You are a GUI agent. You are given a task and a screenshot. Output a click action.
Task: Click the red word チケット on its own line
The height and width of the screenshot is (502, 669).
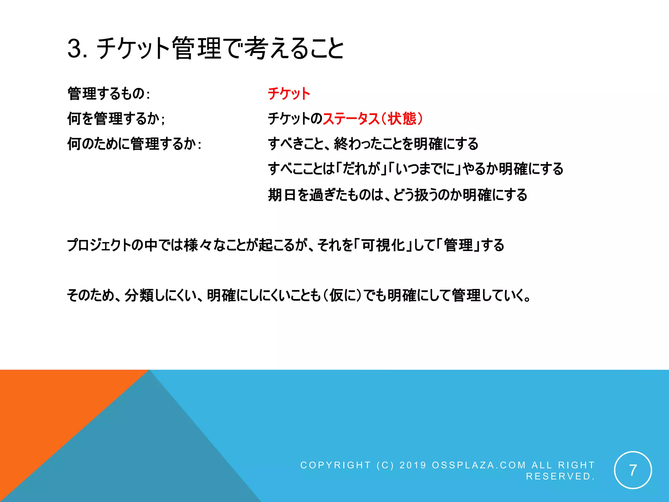[289, 94]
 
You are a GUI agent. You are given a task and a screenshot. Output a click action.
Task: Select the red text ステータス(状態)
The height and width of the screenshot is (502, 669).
[373, 119]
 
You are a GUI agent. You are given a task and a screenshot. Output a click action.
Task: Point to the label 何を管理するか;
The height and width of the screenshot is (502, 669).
[116, 119]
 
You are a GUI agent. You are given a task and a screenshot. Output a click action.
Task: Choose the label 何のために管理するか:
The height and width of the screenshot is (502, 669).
[134, 144]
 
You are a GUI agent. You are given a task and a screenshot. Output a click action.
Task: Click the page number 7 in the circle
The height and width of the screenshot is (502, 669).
[633, 470]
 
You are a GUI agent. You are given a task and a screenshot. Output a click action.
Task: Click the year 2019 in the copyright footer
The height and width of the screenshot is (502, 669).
[413, 465]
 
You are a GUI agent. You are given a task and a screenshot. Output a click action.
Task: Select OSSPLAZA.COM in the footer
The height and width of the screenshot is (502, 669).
[479, 465]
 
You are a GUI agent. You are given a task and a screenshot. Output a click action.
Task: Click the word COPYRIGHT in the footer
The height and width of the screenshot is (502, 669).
[335, 465]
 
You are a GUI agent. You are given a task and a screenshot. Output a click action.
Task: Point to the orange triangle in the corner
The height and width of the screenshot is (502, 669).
[49, 409]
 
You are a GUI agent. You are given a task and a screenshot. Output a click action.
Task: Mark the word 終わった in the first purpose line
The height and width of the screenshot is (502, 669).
[355, 144]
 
